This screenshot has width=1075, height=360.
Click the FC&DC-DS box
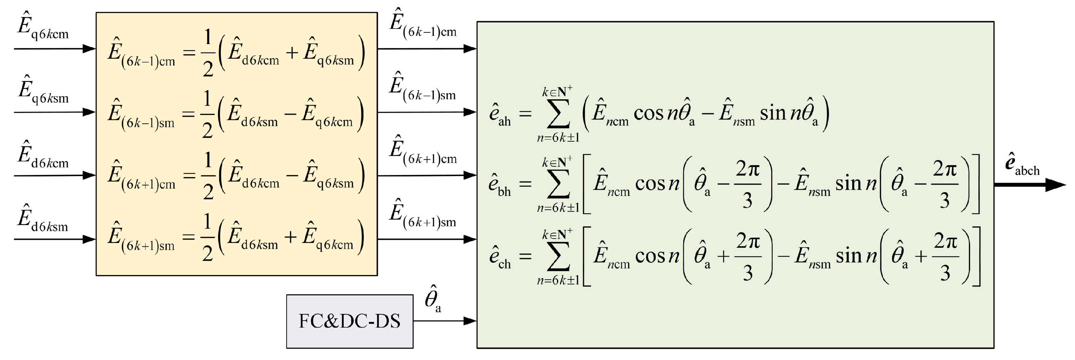pos(349,321)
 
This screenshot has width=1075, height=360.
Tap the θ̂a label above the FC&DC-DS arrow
pos(433,300)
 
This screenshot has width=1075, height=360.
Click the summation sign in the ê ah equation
pos(558,114)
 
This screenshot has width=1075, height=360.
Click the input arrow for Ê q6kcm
pos(55,49)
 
